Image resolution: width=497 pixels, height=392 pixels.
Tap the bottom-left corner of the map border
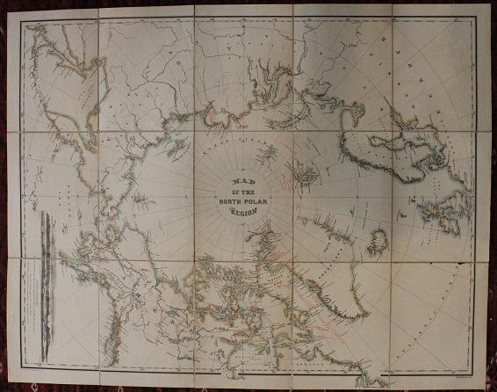tap(21, 367)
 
